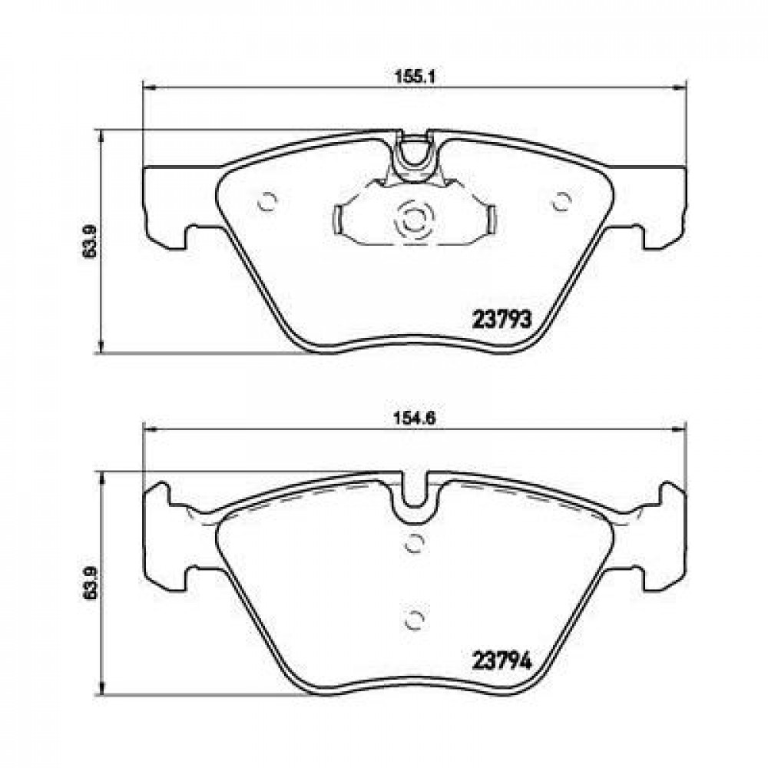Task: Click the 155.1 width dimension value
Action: tap(415, 77)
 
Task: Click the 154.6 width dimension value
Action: tap(415, 419)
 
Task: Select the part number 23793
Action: tap(502, 320)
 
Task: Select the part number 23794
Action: tap(502, 662)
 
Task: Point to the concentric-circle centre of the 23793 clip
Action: tap(415, 220)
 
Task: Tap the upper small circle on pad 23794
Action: tap(415, 543)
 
